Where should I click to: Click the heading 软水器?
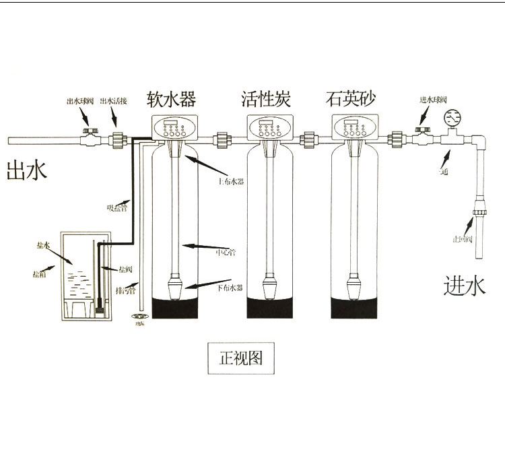[x=171, y=100]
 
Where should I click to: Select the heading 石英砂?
[x=349, y=100]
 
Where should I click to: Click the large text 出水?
[x=26, y=170]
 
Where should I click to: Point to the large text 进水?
[x=464, y=286]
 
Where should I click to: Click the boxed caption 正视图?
[x=241, y=358]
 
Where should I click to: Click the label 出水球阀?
[x=80, y=101]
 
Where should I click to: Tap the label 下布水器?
[x=231, y=288]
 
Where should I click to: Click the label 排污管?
[x=125, y=291]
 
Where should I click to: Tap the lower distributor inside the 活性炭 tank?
[x=269, y=286]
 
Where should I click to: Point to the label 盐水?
[x=42, y=247]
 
